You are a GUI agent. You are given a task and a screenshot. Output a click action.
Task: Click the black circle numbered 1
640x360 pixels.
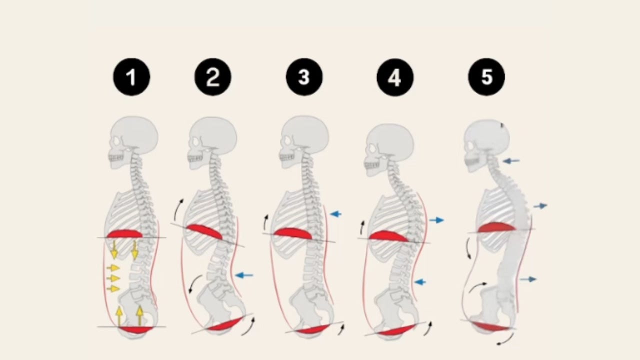point(131,77)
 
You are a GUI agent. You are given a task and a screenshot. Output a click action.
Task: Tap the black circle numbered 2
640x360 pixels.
point(213,77)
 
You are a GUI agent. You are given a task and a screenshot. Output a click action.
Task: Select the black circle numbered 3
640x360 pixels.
point(304,77)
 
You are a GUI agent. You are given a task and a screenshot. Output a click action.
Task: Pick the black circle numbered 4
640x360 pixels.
point(395,77)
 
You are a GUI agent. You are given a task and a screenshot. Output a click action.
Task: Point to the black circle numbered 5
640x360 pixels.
point(486,77)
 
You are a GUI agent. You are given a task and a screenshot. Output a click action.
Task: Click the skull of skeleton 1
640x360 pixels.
point(134,136)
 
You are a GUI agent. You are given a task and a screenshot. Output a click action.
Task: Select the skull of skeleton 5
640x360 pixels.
point(486,137)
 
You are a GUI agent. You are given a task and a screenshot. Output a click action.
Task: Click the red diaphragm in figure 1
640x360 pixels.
point(124,233)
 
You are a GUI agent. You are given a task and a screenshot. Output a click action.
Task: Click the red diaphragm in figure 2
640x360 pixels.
point(204,231)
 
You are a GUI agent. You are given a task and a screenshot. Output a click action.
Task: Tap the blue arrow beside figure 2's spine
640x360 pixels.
point(244,275)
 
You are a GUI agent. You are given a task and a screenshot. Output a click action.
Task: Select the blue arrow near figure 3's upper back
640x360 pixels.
point(335,214)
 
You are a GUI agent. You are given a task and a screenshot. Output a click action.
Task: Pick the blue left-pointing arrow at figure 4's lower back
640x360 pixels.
point(420,282)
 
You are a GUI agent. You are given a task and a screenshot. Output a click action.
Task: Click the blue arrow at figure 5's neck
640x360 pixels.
point(511,161)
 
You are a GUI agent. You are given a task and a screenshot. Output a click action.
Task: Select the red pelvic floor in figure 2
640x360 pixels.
point(224,324)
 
